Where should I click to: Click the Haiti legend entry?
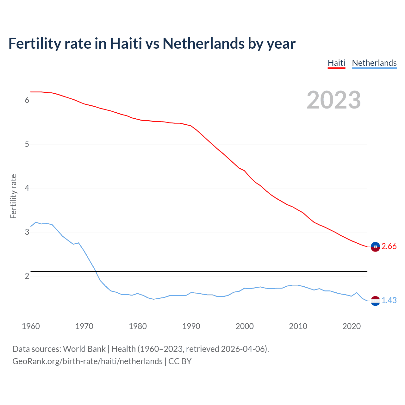click(x=336, y=63)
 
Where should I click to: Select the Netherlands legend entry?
click(x=374, y=63)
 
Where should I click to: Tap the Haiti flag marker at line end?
click(x=375, y=247)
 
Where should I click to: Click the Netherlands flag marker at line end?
click(x=375, y=301)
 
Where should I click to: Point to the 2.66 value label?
click(x=389, y=246)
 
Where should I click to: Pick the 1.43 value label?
click(x=389, y=301)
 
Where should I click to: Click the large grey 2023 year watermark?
click(x=334, y=100)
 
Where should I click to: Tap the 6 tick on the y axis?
click(x=27, y=100)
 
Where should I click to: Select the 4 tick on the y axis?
click(x=27, y=188)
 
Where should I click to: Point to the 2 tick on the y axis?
click(x=27, y=276)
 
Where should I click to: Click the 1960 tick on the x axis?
click(x=31, y=326)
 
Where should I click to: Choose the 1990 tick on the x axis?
click(x=191, y=326)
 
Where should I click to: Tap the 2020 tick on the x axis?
click(x=352, y=326)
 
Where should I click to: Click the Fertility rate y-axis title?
click(x=13, y=196)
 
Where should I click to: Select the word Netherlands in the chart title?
click(x=204, y=44)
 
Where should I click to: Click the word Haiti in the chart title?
click(x=126, y=44)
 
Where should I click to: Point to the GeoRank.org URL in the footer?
click(x=87, y=361)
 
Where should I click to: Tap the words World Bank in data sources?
click(x=84, y=349)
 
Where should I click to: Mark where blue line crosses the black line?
click(x=95, y=271)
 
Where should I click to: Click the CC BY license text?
click(x=180, y=361)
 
